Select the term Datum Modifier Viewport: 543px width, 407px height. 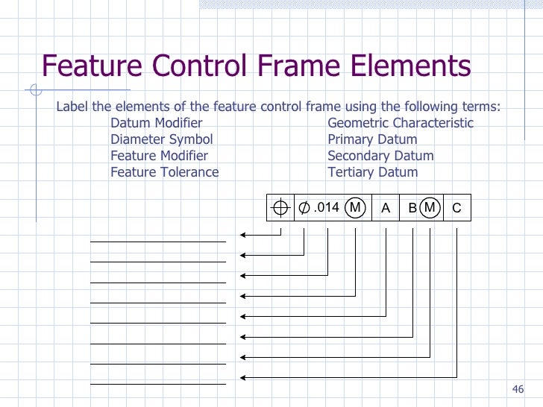(156, 123)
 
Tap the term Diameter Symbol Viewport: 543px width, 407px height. (161, 139)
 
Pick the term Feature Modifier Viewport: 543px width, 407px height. (159, 156)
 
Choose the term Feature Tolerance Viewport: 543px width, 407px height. (164, 172)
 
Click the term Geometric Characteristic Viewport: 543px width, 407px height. (401, 123)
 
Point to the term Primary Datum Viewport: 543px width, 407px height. (372, 139)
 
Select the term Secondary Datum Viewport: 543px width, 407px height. (380, 156)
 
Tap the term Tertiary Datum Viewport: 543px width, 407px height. (372, 172)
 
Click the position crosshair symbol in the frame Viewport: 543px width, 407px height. (280, 209)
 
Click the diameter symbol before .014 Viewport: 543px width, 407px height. (304, 208)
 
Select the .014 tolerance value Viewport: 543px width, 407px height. (327, 208)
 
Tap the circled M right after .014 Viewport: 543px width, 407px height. (355, 208)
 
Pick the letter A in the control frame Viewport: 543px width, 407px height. (386, 209)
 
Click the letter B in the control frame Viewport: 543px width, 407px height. (412, 209)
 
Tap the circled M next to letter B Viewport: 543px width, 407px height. (429, 208)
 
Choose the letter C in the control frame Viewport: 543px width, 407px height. (456, 209)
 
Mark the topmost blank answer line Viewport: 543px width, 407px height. (157, 242)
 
